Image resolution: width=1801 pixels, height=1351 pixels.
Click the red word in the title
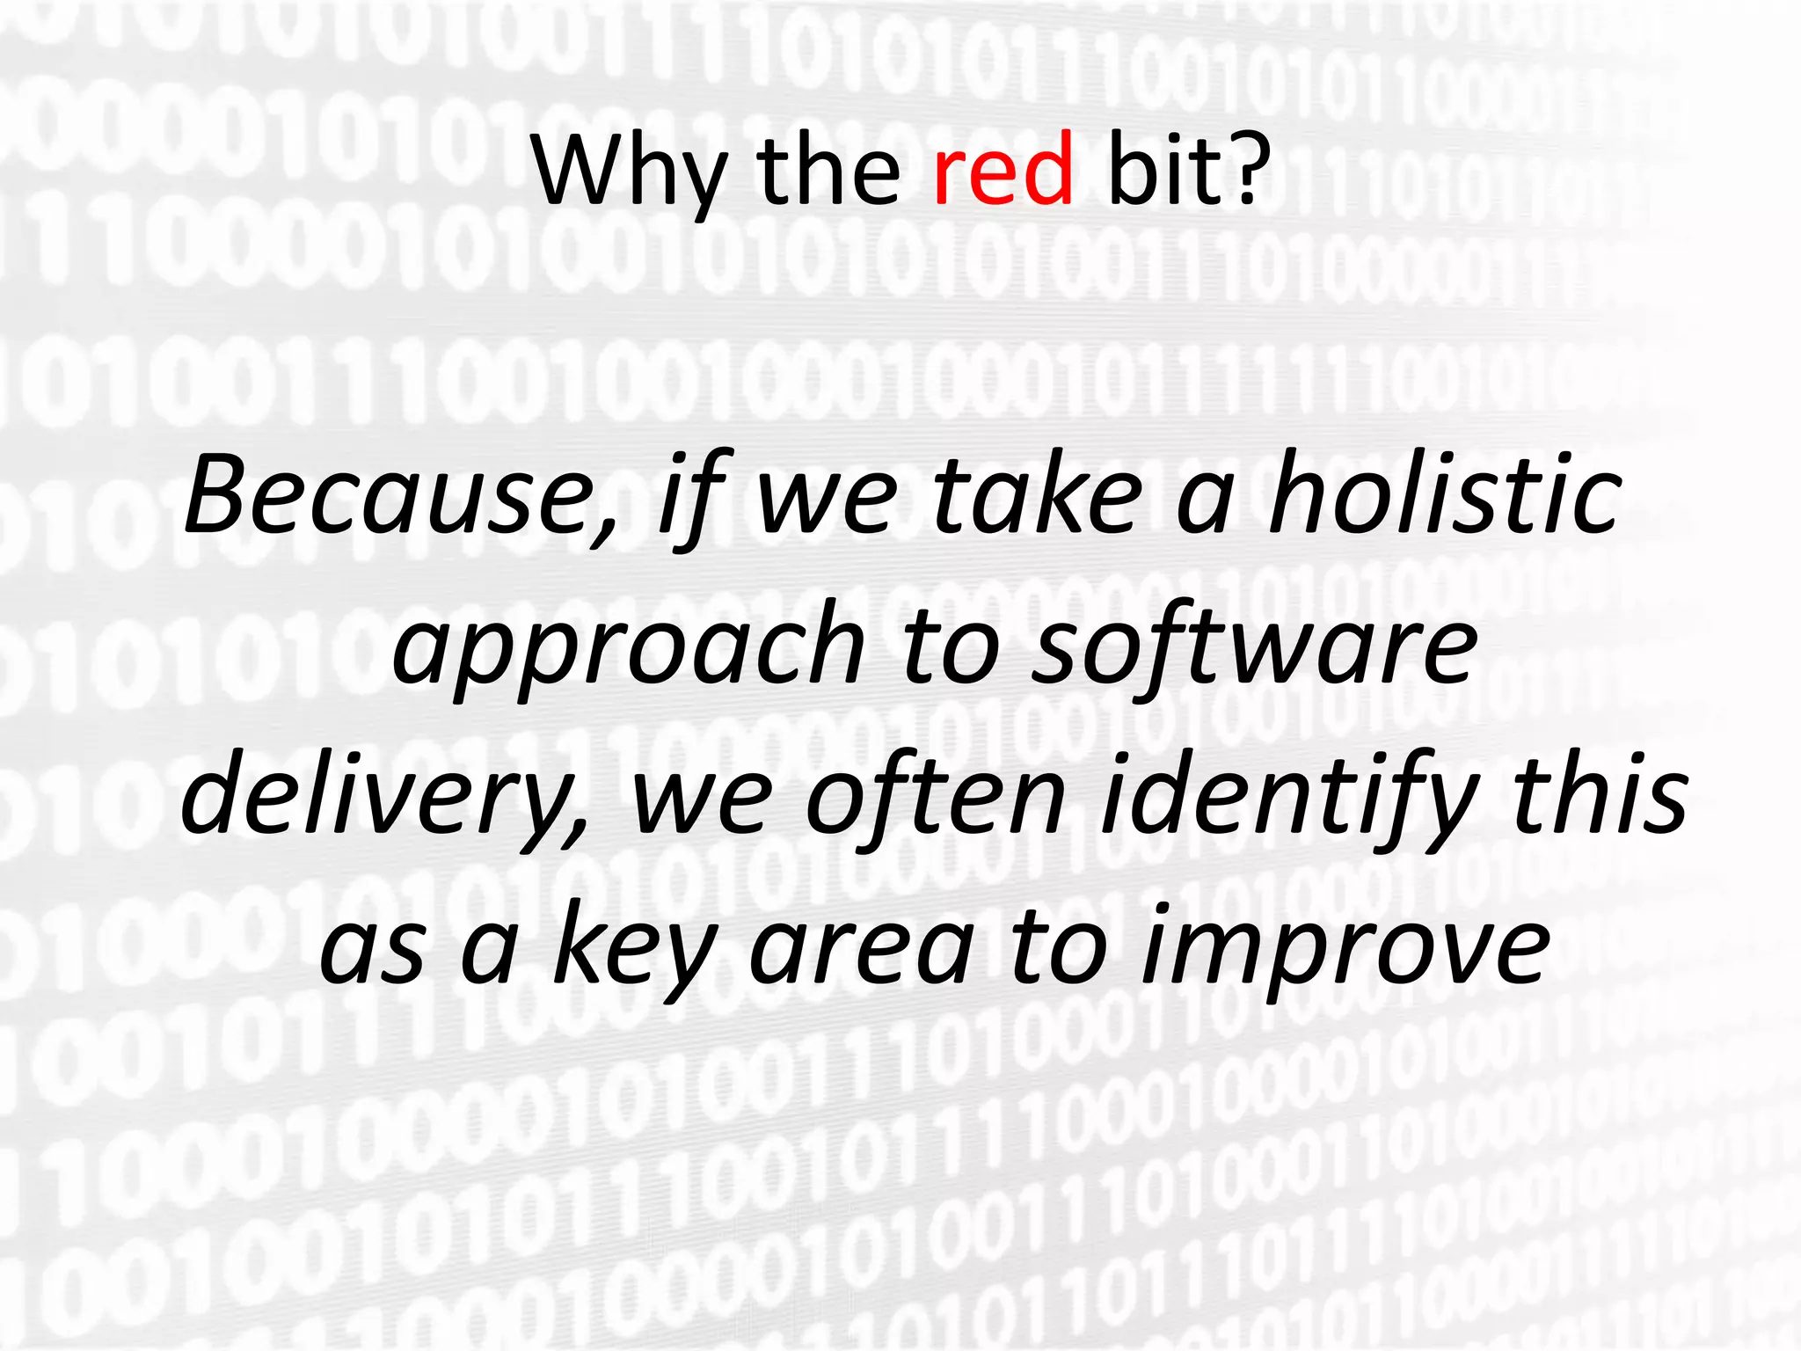click(x=1003, y=169)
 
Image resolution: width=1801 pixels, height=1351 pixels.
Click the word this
click(x=1600, y=796)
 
